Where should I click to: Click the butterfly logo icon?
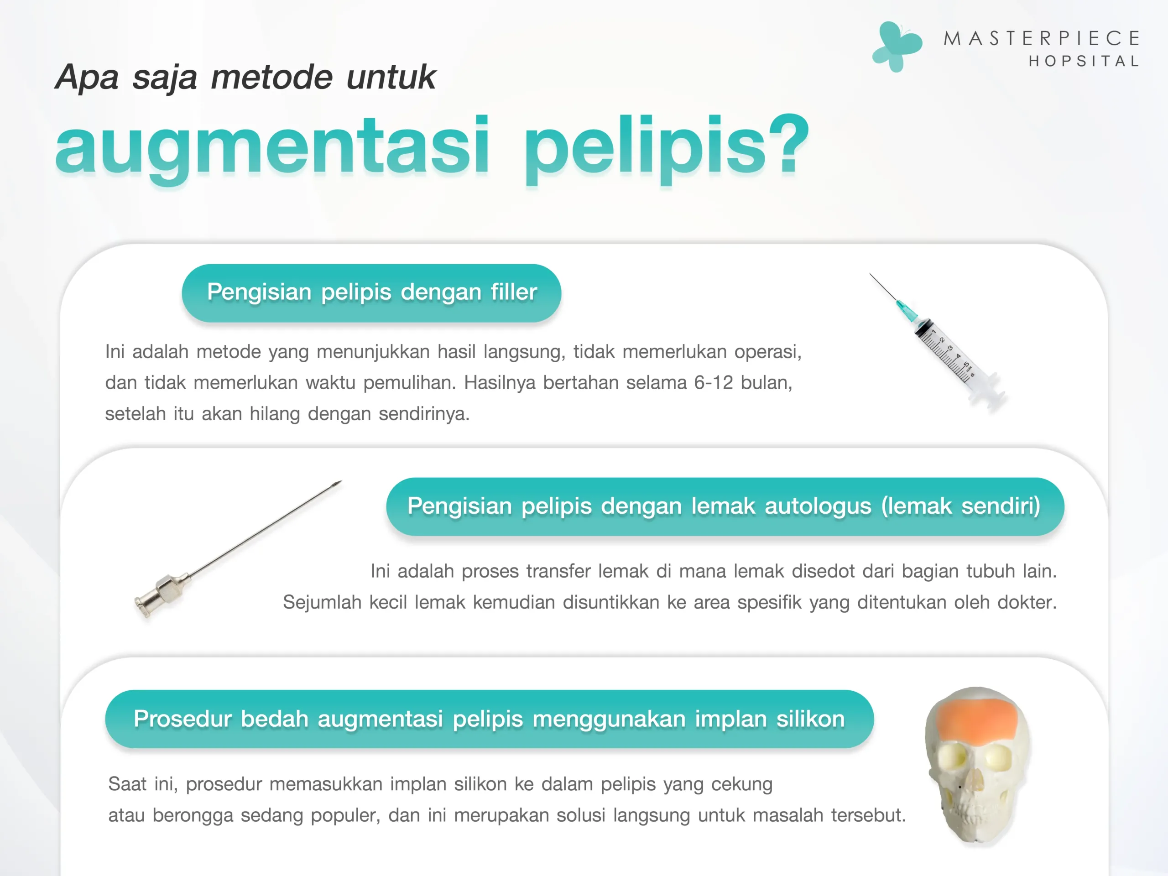pos(897,47)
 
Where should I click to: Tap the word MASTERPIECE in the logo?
pos(1042,38)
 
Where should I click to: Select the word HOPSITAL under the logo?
pos(1084,61)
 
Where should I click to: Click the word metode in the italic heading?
pos(272,77)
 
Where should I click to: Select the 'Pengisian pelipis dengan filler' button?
pos(371,293)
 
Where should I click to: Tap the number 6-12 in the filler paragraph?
pos(714,382)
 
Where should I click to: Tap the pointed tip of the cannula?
pos(341,481)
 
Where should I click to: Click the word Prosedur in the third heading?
pos(182,719)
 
